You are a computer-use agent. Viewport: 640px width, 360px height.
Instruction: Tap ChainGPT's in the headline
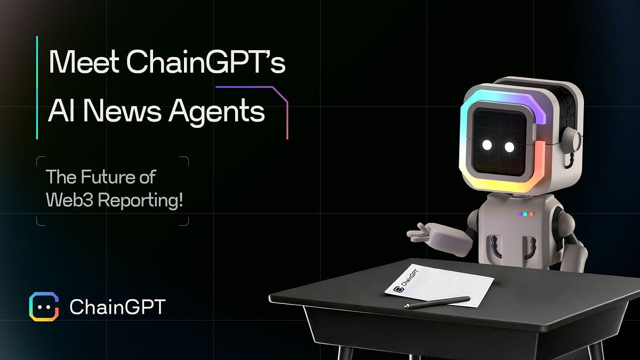(x=206, y=64)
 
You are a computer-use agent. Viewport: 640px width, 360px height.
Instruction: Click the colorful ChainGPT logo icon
(x=44, y=307)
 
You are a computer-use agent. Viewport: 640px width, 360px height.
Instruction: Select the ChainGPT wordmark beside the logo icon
(x=118, y=307)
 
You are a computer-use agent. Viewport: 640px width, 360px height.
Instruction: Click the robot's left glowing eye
(x=486, y=146)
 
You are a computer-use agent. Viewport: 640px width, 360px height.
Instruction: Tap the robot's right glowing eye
(x=509, y=146)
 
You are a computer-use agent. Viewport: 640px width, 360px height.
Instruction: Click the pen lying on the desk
(x=437, y=302)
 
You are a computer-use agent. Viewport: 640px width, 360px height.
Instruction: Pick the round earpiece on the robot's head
(x=572, y=140)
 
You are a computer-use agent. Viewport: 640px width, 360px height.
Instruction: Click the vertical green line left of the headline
(x=37, y=87)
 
